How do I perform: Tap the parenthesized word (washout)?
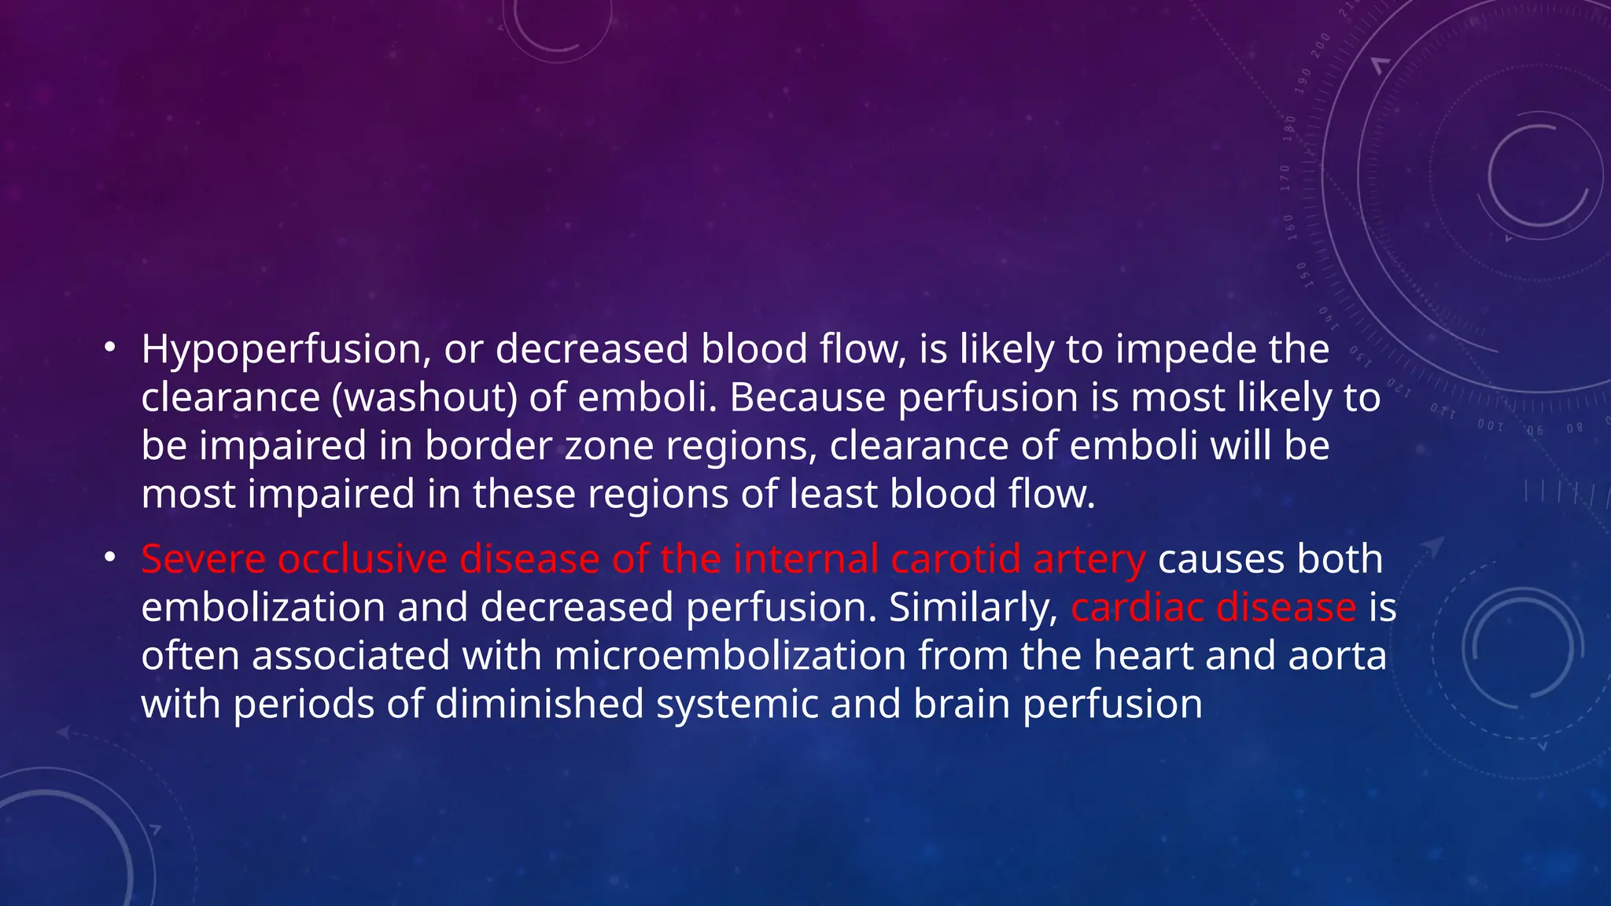pyautogui.click(x=424, y=397)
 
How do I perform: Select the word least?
pyautogui.click(x=833, y=495)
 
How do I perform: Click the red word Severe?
pyautogui.click(x=203, y=560)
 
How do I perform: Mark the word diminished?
pyautogui.click(x=539, y=705)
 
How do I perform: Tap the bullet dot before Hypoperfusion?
pyautogui.click(x=110, y=347)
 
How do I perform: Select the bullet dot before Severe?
pyautogui.click(x=110, y=558)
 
